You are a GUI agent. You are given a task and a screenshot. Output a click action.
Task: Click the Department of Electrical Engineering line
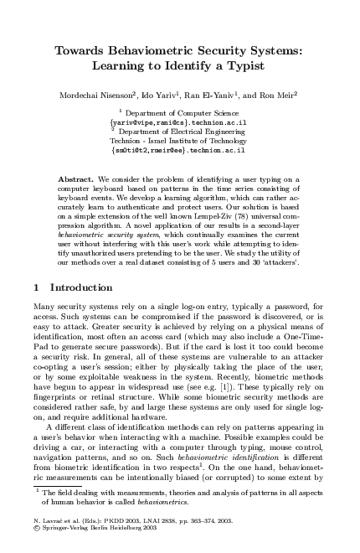pos(183,131)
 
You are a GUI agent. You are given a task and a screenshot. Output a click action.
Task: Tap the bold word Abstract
pos(76,179)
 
